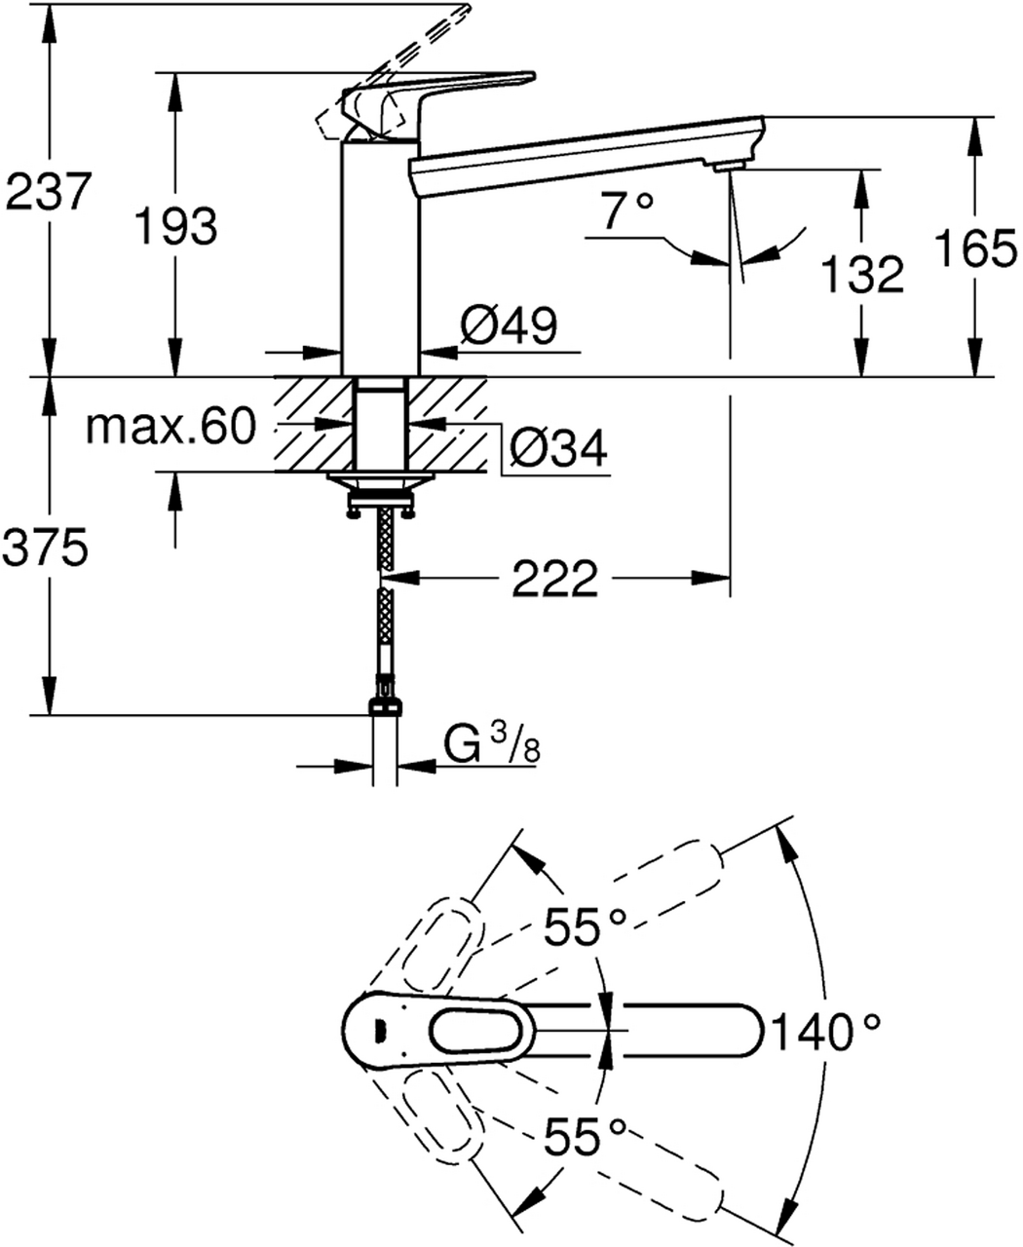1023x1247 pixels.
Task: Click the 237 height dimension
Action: (49, 192)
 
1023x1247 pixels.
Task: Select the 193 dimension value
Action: (175, 228)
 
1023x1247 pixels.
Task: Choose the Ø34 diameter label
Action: (559, 448)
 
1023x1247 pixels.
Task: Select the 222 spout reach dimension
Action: (554, 580)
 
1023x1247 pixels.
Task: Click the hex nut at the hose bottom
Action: (385, 706)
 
